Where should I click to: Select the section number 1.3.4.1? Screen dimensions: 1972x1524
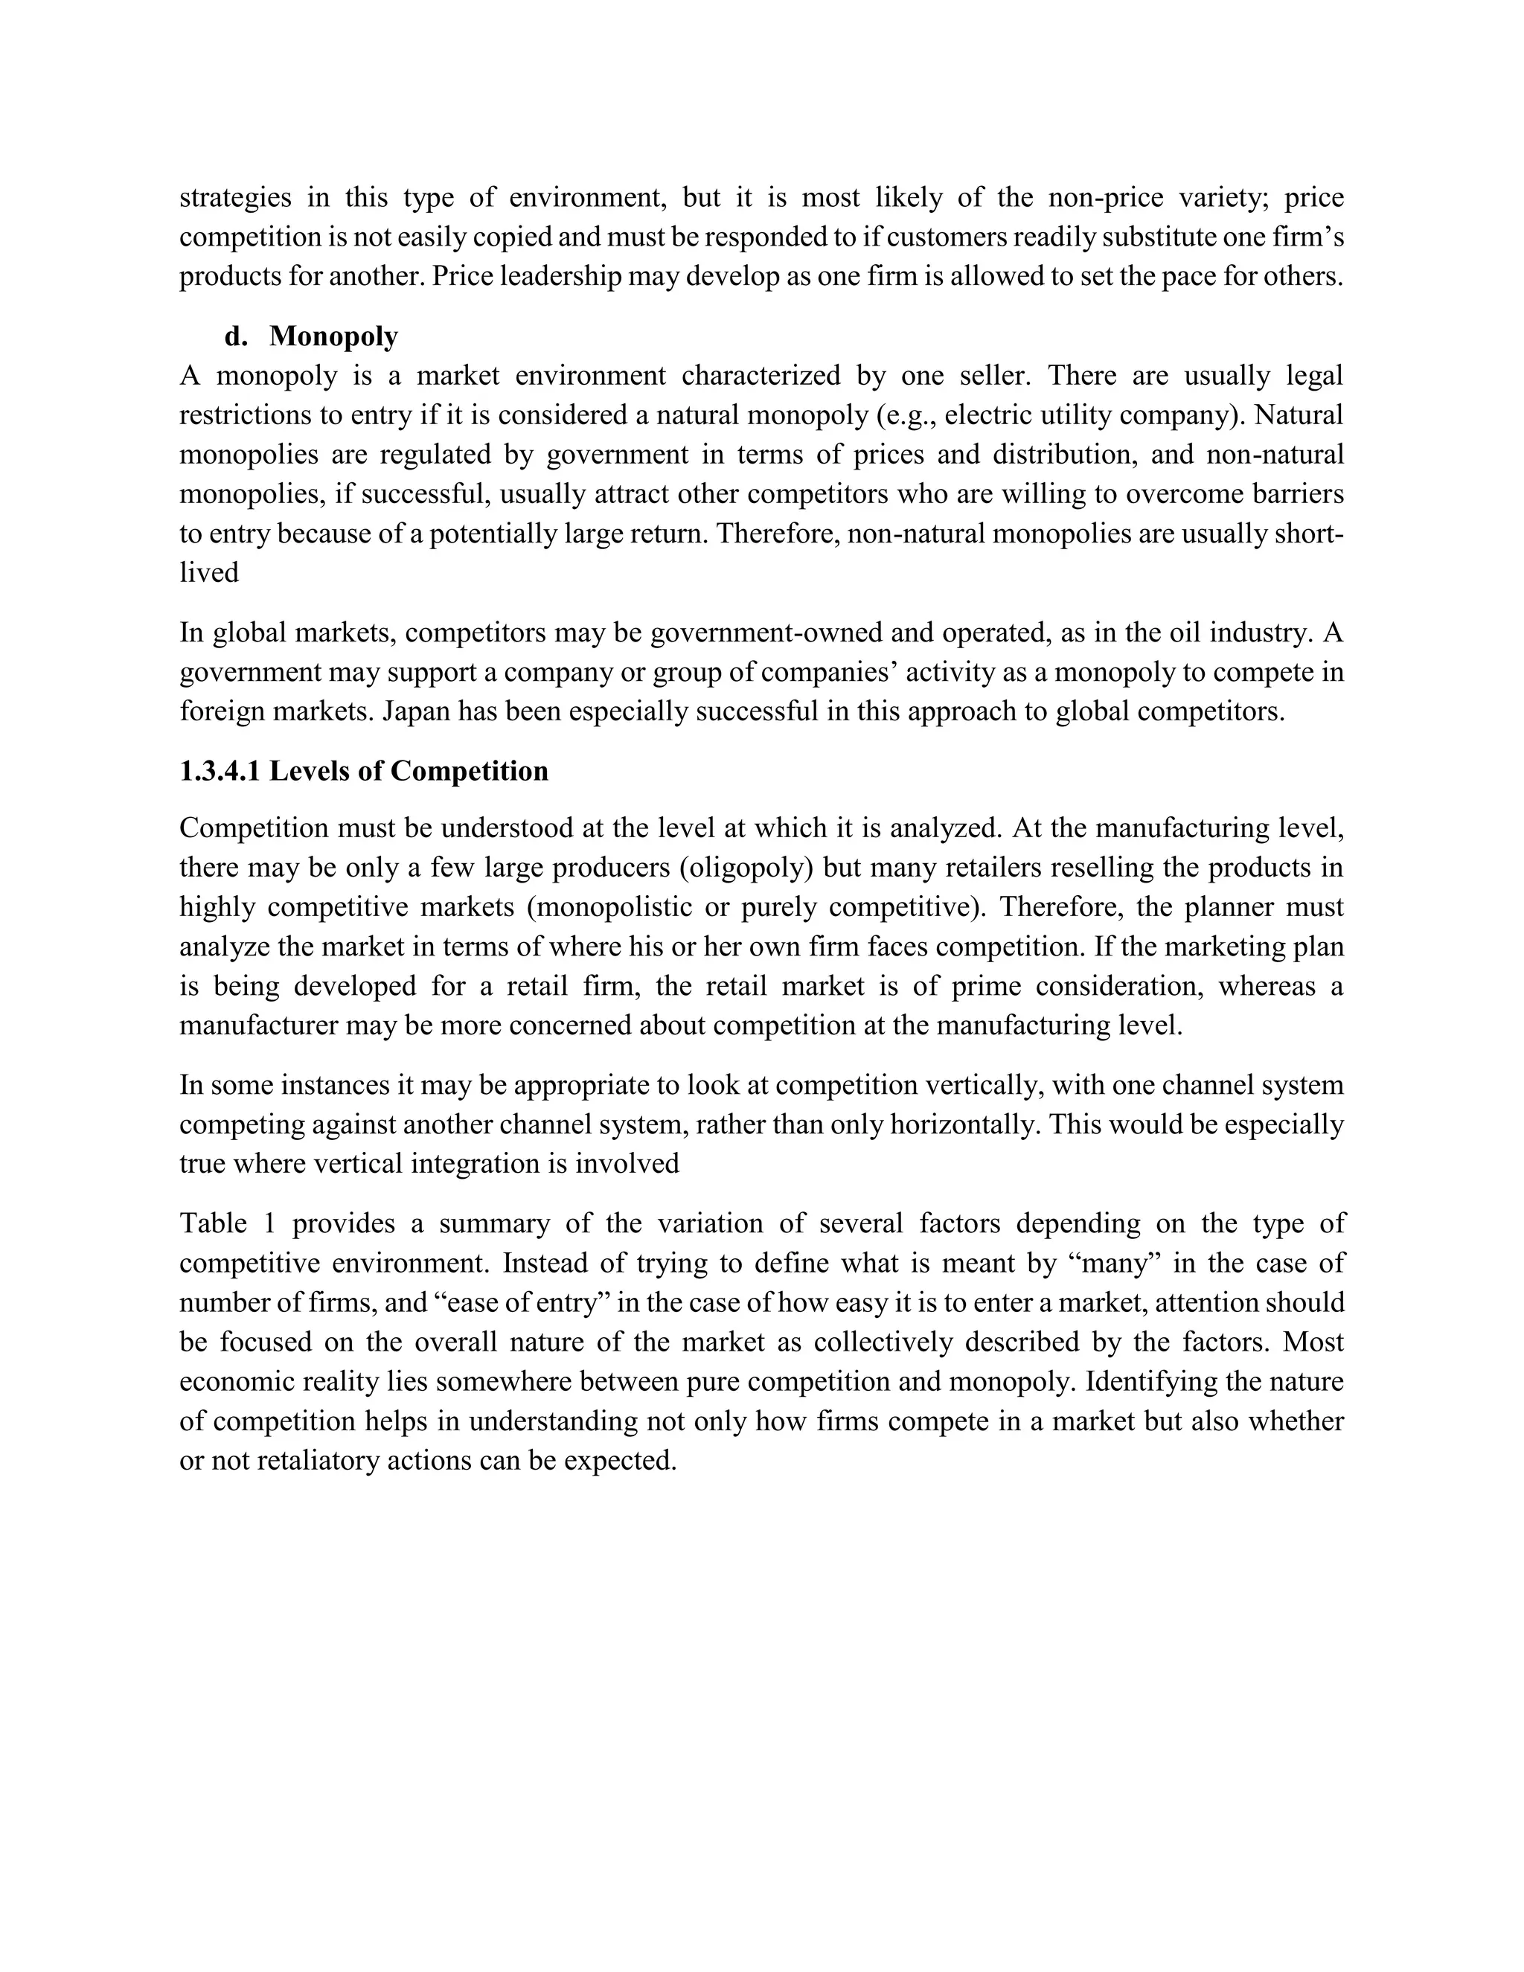coord(220,771)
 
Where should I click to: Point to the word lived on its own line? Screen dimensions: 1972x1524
coord(208,573)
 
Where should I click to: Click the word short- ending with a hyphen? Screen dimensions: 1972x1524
coord(1309,534)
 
